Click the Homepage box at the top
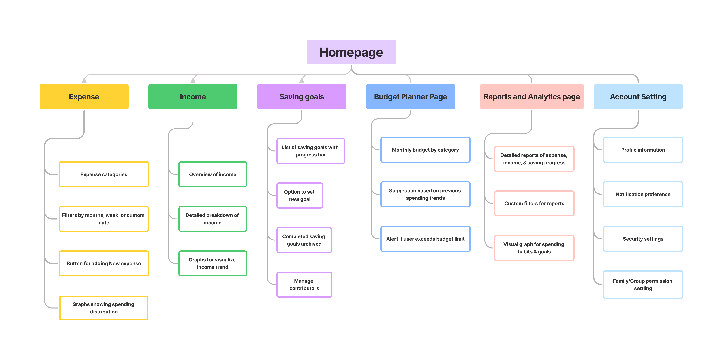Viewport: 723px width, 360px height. pos(351,52)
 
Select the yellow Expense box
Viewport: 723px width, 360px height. pos(84,97)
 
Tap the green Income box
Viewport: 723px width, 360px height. pos(193,97)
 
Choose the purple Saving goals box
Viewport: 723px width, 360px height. pos(302,97)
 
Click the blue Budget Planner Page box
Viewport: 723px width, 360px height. pos(410,97)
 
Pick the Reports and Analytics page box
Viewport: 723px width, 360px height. pos(532,97)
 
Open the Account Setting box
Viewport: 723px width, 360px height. pos(638,97)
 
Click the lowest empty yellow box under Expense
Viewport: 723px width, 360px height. pos(104,308)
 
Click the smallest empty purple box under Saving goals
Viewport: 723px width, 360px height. pos(300,195)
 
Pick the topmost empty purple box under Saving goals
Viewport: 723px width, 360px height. pos(311,151)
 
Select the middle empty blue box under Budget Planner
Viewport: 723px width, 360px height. pos(425,194)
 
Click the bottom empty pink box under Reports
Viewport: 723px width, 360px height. pos(534,248)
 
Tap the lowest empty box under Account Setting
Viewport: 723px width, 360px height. pos(643,285)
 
